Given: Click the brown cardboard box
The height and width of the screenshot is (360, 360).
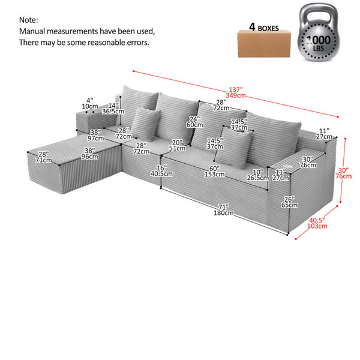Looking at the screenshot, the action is tap(264, 44).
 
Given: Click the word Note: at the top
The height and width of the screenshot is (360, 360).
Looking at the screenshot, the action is tap(28, 20).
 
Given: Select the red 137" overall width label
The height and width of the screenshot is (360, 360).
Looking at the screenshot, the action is tap(236, 89).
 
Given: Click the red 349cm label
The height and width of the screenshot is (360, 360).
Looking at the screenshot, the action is tap(236, 95).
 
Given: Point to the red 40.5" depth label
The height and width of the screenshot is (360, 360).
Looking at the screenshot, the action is tap(317, 220).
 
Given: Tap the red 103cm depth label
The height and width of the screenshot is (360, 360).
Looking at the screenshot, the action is tap(317, 226).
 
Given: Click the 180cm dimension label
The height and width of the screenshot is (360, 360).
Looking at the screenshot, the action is tap(224, 213).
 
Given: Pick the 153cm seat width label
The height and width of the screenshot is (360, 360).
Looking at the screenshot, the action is tap(214, 174).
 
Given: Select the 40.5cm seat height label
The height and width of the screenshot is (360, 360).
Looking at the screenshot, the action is tap(161, 174).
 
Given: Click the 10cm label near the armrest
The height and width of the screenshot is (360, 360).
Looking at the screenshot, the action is tap(90, 107).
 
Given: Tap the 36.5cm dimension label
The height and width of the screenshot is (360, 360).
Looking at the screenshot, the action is tap(113, 112).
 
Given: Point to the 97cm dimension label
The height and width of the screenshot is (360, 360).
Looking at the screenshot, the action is tap(96, 139).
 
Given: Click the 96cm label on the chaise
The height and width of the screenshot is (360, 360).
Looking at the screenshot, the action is tap(89, 157).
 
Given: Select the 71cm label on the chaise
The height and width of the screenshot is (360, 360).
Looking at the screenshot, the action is tap(44, 160).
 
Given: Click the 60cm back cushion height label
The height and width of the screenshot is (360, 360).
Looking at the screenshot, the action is tap(194, 125).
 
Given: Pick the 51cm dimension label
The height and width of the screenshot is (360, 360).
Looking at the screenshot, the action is tap(177, 148).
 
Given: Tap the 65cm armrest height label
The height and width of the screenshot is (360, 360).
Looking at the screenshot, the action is tap(290, 205).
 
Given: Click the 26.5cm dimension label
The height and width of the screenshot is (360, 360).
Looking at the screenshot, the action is tap(257, 178).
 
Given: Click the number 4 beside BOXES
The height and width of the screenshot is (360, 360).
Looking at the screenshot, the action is tap(253, 27).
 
